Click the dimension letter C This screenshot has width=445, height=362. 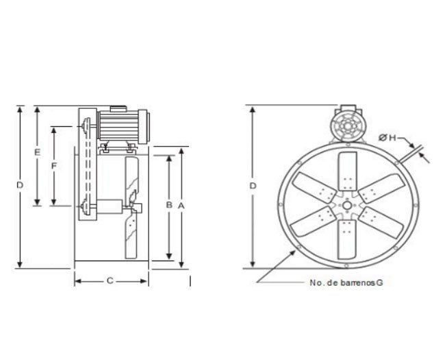[110, 280]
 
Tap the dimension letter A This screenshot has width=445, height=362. [181, 206]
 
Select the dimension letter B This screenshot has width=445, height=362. [169, 204]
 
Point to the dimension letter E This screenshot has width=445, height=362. [37, 152]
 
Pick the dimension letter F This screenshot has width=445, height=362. [54, 166]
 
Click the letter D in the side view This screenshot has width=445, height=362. [20, 185]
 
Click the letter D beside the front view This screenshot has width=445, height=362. [253, 186]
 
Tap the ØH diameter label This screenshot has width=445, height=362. [387, 138]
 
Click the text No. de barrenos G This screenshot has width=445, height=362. [346, 282]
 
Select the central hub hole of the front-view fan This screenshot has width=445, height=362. [346, 205]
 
